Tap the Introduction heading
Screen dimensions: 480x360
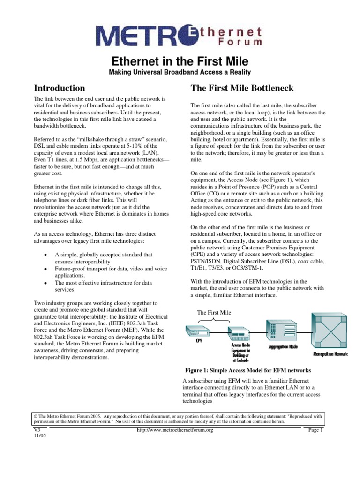60,88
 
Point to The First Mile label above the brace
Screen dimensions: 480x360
214,312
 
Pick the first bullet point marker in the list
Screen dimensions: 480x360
44,255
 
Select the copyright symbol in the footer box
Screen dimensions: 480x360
37,415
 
